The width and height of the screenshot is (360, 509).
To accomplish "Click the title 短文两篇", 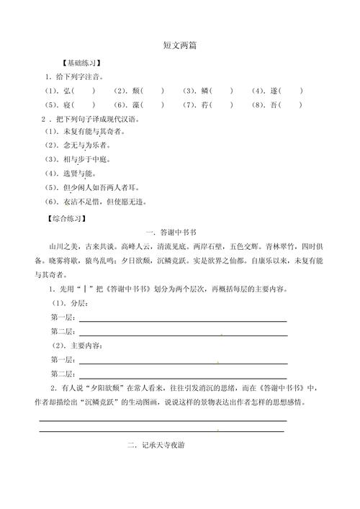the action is coord(180,45).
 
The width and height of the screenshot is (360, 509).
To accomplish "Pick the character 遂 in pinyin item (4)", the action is coord(274,91).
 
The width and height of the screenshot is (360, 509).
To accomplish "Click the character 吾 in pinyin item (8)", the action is coord(274,104).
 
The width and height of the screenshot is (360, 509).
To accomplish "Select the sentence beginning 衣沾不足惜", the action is coord(104,202).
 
